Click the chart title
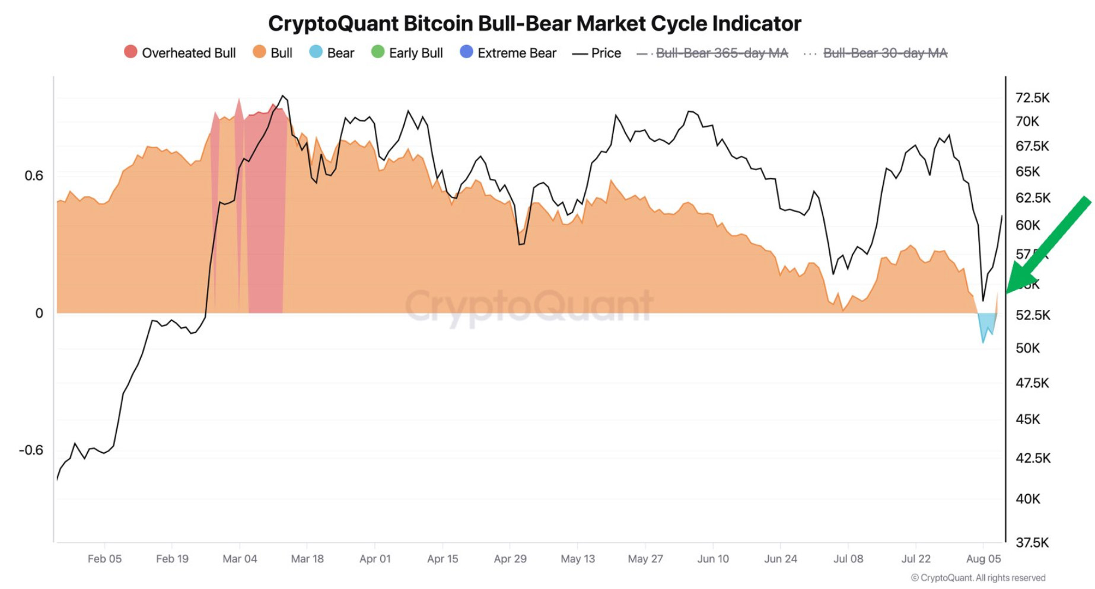tap(534, 24)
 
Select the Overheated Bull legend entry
tap(180, 53)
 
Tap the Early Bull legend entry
tap(407, 53)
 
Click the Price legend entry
tap(597, 53)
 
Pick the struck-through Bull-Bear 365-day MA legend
tap(712, 53)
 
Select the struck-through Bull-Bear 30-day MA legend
tap(876, 53)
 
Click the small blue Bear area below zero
tap(987, 325)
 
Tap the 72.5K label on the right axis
tap(1032, 98)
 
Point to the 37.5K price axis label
tap(1032, 542)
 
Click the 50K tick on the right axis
tap(1027, 348)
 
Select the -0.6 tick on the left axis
tap(31, 450)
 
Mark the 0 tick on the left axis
tap(39, 313)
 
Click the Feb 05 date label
tap(104, 559)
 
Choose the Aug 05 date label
tap(983, 559)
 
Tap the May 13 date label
tap(577, 559)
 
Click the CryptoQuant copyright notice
tap(978, 578)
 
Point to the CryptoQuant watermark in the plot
tap(529, 305)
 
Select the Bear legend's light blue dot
tap(316, 52)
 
